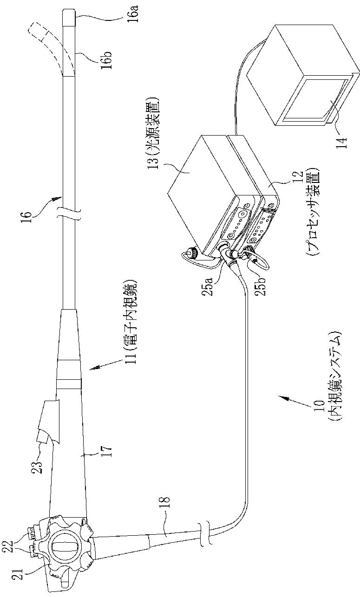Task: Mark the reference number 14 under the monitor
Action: click(x=341, y=134)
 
